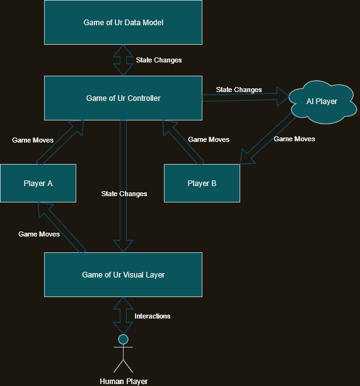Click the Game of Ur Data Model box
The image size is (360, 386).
click(123, 23)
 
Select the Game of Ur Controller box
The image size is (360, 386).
click(123, 98)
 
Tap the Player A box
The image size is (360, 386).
click(38, 184)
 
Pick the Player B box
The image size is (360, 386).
click(202, 184)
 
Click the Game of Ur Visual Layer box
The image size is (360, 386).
click(123, 275)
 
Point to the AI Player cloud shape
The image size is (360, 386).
click(322, 102)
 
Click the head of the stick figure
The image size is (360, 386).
click(123, 339)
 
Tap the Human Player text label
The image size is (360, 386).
click(124, 381)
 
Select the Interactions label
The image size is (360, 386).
click(153, 316)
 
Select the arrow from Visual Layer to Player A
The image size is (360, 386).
click(61, 228)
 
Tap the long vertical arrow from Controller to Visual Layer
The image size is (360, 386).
click(124, 183)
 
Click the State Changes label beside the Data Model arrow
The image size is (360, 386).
click(159, 61)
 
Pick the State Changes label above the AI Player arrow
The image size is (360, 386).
click(239, 90)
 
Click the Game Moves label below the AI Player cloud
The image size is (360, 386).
click(294, 139)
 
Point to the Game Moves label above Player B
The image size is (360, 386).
click(209, 139)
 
